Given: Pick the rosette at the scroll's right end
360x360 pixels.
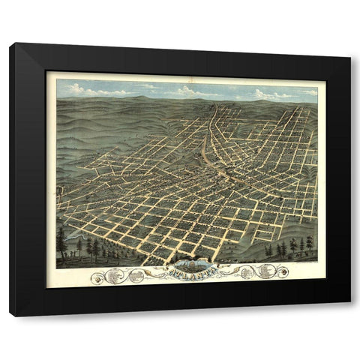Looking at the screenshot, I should (x=281, y=271).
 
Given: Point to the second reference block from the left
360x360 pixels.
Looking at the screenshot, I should (x=136, y=276).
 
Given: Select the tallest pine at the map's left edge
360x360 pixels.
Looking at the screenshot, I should (x=61, y=241).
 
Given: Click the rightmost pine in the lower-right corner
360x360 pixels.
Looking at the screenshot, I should (x=309, y=244).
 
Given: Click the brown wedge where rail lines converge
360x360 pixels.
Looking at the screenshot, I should (x=205, y=154).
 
